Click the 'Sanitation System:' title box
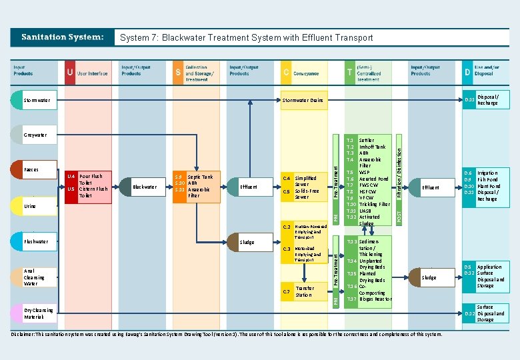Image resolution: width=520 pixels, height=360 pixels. [x=63, y=37]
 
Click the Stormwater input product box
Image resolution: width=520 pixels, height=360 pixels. [x=37, y=101]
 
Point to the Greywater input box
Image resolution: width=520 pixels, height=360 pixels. [x=36, y=135]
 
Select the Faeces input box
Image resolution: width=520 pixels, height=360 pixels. [x=33, y=170]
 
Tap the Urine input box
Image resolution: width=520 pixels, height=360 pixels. [x=33, y=207]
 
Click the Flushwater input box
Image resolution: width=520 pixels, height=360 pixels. [x=35, y=241]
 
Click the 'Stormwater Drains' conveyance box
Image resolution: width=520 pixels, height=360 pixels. [x=303, y=101]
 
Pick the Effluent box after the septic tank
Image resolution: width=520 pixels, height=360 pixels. [x=249, y=187]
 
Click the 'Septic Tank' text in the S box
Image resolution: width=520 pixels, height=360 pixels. [x=200, y=177]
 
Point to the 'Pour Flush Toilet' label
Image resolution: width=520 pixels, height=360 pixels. [x=91, y=179]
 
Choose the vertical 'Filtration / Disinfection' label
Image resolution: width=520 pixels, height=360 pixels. [x=399, y=173]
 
